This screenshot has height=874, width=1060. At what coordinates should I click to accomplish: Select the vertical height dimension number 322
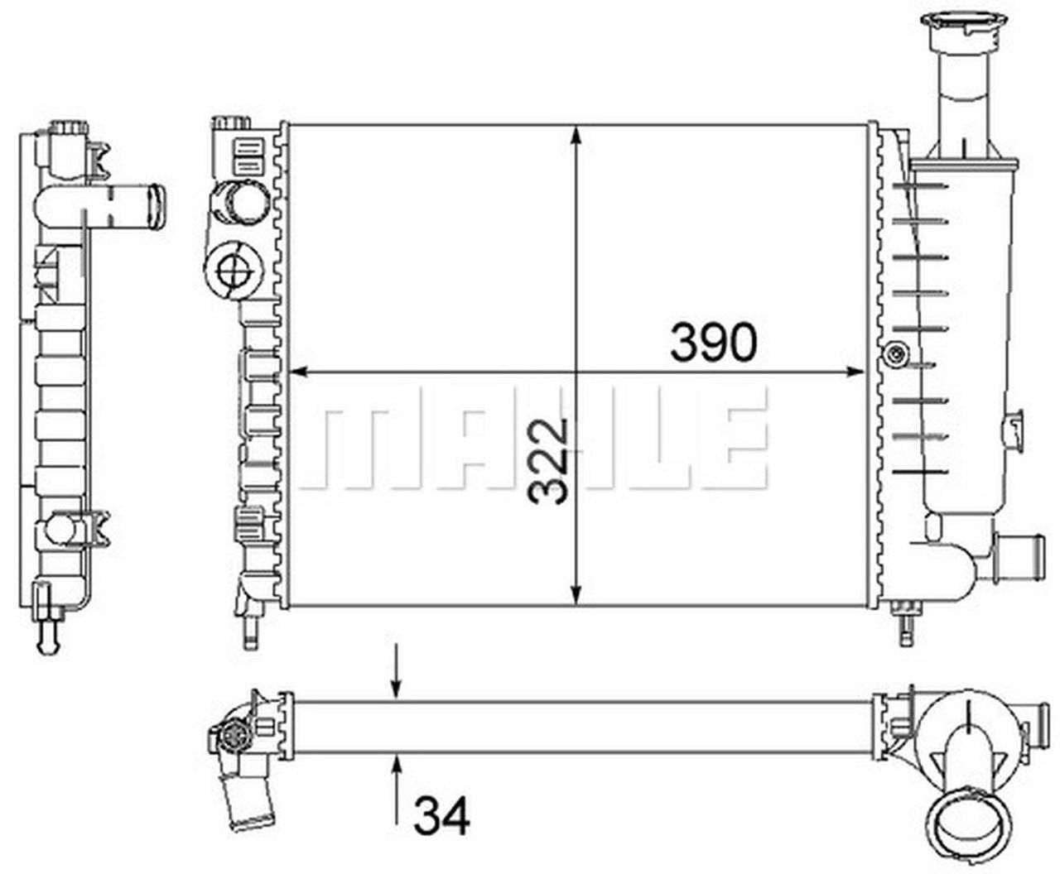(x=549, y=461)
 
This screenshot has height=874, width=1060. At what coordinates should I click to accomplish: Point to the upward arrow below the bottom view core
(x=397, y=786)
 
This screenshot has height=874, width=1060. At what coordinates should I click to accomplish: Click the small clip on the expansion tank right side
(x=1013, y=426)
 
